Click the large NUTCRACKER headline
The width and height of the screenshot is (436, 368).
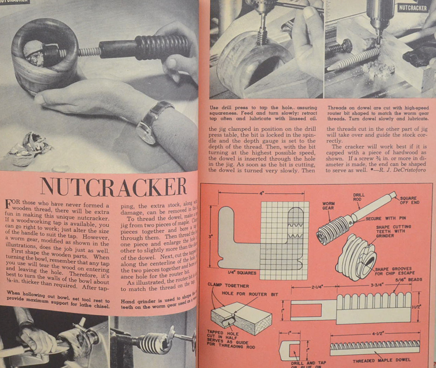[x=113, y=186]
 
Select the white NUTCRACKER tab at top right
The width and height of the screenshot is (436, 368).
[x=413, y=8]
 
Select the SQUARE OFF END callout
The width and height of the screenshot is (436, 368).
[x=408, y=201]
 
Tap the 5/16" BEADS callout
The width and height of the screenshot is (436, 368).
[x=409, y=280]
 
